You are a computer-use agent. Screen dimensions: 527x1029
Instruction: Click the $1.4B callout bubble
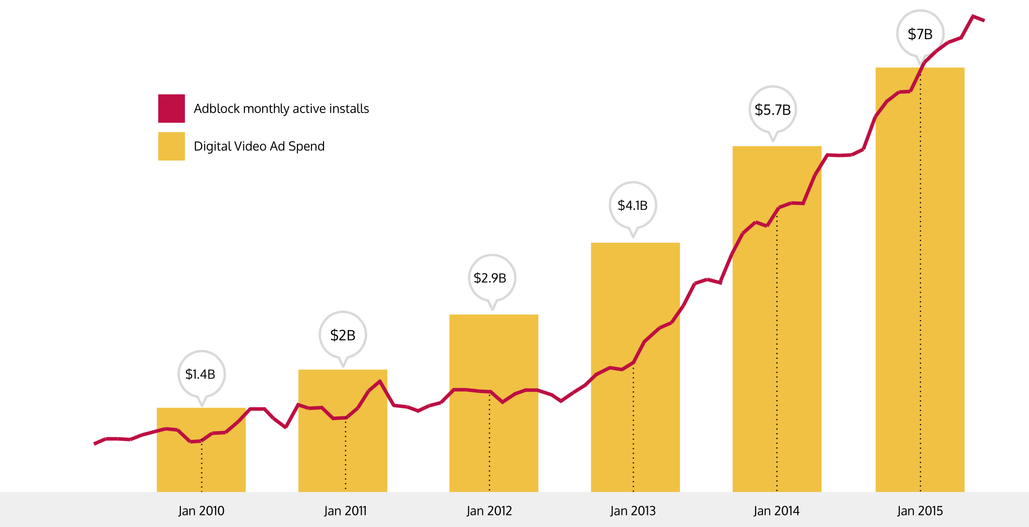tap(201, 374)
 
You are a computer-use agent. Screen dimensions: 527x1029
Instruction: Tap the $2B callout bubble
tap(342, 335)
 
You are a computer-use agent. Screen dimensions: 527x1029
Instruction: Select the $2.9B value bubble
tap(491, 278)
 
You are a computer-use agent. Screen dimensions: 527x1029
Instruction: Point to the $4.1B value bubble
tap(632, 205)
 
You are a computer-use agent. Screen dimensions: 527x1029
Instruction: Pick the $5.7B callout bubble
tap(772, 110)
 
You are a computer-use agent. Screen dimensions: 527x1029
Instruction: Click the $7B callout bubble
tap(920, 34)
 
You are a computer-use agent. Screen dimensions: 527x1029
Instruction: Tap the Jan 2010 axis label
tap(201, 511)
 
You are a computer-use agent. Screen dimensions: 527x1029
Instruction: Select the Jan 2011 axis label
tap(345, 511)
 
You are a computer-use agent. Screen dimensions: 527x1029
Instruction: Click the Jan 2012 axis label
tap(489, 511)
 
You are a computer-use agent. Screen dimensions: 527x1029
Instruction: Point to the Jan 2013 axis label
tap(633, 511)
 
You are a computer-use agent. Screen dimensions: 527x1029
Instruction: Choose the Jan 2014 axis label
tap(777, 511)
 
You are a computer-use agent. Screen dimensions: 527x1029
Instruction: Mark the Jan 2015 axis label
tap(920, 511)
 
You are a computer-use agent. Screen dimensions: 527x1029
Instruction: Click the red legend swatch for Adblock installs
tap(171, 108)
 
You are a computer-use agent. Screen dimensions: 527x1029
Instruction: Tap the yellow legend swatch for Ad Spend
tap(171, 146)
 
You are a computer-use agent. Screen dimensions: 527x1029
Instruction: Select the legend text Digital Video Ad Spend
tap(259, 146)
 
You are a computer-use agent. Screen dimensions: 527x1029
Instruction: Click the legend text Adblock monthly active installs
tap(281, 108)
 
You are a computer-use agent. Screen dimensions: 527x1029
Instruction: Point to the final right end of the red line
tap(983, 20)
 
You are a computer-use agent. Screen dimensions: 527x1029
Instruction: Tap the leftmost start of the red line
tap(95, 443)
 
